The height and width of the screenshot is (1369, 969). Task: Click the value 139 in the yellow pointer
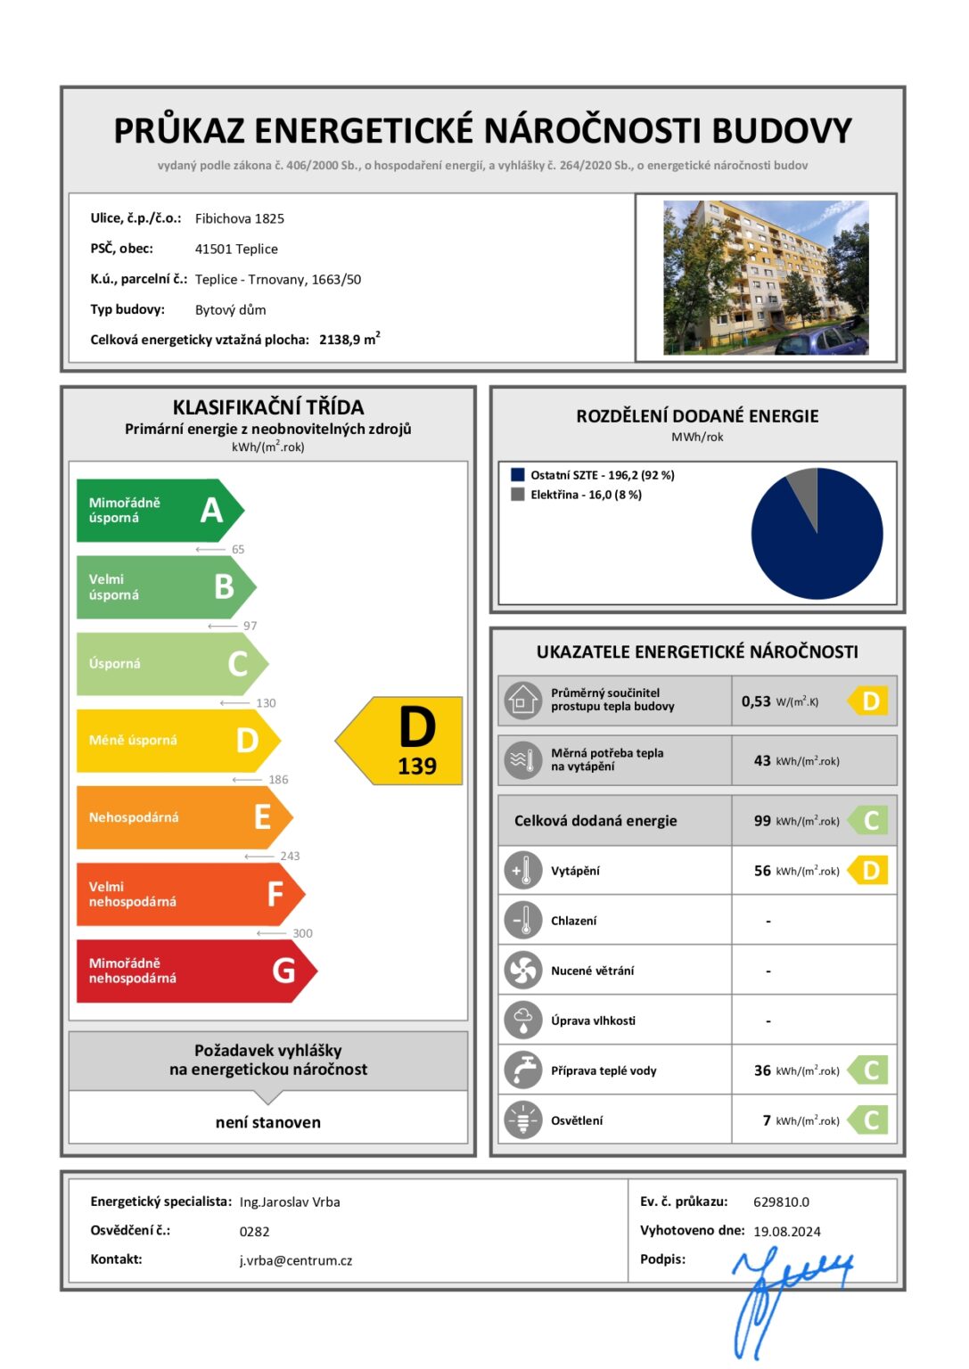(417, 766)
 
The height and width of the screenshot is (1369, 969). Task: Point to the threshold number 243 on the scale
(290, 857)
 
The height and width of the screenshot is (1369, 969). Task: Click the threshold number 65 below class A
(238, 550)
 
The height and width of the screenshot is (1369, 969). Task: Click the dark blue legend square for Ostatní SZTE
(517, 475)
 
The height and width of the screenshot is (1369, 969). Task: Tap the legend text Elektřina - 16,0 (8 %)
(586, 495)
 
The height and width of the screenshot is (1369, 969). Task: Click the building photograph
(766, 277)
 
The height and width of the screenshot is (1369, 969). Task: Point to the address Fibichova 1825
(240, 218)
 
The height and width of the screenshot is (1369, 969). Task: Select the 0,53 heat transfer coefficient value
(756, 701)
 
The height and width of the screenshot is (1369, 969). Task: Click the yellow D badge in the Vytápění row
(870, 871)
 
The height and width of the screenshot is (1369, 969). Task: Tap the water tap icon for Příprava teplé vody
(523, 1070)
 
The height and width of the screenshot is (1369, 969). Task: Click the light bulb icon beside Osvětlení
(523, 1120)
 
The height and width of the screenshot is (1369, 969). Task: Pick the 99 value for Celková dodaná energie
(762, 821)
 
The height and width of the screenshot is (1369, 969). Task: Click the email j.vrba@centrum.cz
(296, 1260)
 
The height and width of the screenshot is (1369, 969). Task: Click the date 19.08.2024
(787, 1232)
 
